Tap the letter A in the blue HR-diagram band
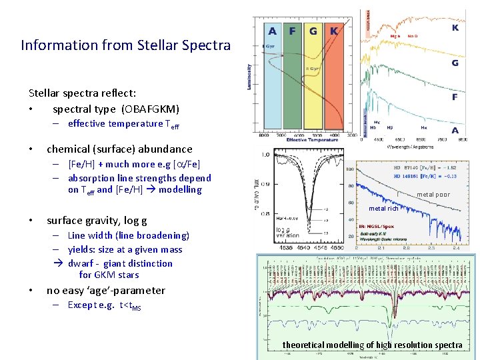click(272, 31)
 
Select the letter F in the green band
click(292, 31)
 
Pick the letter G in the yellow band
click(313, 31)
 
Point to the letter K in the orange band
click(334, 31)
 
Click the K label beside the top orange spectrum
click(455, 28)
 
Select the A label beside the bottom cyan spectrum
click(455, 131)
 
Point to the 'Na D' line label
click(413, 36)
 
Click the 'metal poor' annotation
click(433, 195)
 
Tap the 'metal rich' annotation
click(383, 209)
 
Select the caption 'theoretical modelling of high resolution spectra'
click(372, 345)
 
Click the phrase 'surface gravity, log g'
click(97, 221)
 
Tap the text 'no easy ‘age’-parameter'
click(105, 291)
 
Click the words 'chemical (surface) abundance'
click(119, 149)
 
